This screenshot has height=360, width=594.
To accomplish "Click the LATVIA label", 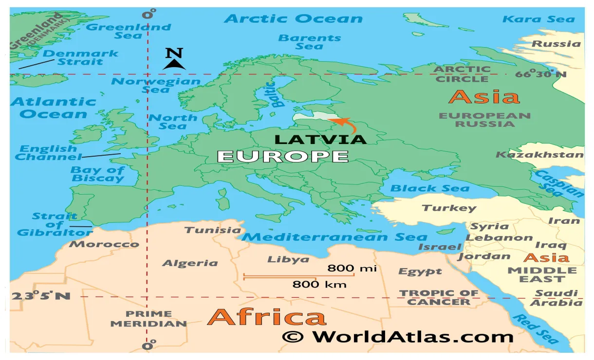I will pos(320,139).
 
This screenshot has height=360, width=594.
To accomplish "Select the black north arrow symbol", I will pos(174,63).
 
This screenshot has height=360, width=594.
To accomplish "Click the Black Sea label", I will pos(430,188).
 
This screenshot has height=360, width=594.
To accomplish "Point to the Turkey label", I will pos(448,208).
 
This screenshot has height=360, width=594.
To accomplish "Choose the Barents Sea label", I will pos(309,42).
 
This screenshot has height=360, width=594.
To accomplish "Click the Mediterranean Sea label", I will pos(334,237).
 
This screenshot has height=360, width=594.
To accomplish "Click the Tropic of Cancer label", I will pos(439,297).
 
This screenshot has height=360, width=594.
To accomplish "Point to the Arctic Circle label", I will pos(462,74).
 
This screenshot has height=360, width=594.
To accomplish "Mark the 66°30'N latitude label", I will pos(541,74).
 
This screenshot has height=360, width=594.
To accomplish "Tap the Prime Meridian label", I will pos(148,319).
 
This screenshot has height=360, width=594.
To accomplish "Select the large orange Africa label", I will pos(266,317).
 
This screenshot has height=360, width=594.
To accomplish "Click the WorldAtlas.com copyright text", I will pos(397,336).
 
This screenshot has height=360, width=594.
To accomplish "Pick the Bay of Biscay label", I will pos(97,174).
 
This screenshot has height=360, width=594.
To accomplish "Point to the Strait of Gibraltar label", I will pos(55,224).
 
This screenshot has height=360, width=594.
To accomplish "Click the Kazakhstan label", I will pos(539,155).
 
